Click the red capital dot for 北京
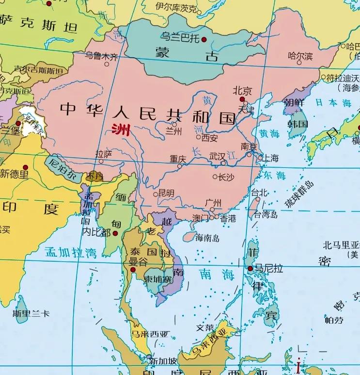pyautogui.click(x=242, y=99)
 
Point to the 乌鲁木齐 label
pyautogui.click(x=102, y=56)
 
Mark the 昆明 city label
pyautogui.click(x=166, y=193)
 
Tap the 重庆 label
pyautogui.click(x=178, y=159)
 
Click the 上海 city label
pyautogui.click(x=271, y=158)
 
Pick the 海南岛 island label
pyautogui.click(x=207, y=238)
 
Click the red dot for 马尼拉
pyautogui.click(x=250, y=268)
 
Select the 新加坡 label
pyautogui.click(x=160, y=360)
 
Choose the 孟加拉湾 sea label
pyautogui.click(x=70, y=252)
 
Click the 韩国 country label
pyautogui.click(x=298, y=124)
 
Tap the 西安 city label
pyautogui.click(x=210, y=137)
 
